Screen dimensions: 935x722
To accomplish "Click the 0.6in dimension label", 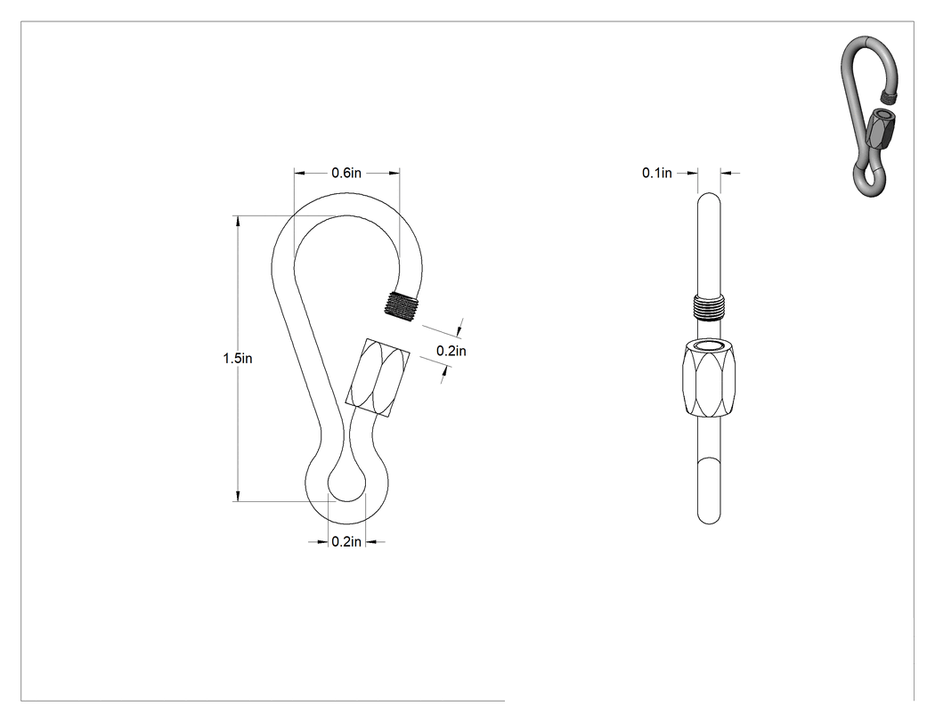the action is [346, 173].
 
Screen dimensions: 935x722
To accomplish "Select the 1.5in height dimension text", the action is [238, 358].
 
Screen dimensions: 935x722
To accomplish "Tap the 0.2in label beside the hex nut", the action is [451, 351].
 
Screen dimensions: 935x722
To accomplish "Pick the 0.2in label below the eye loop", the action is [346, 541].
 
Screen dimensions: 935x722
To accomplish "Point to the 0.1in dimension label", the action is [656, 173].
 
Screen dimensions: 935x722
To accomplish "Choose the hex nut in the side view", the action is [709, 379].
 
